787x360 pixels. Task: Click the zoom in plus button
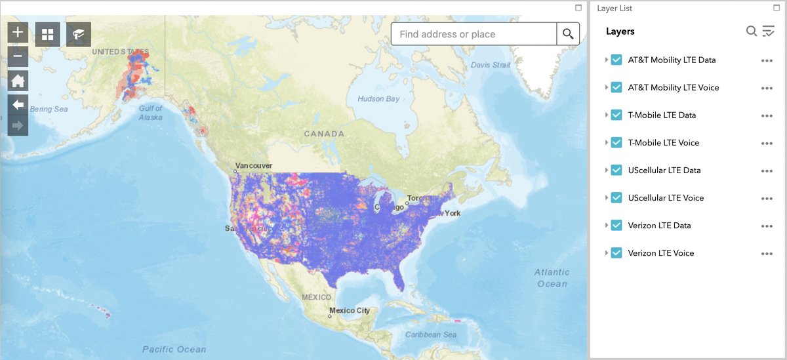18,32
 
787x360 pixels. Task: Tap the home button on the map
18,81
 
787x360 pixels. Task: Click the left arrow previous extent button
18,104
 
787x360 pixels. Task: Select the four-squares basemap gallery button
48,34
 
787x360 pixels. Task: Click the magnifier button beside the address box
568,34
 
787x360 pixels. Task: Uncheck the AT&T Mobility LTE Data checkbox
616,60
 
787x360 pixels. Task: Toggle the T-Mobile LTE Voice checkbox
616,142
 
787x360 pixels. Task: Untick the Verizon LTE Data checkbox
616,225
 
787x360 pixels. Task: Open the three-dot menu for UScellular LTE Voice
767,198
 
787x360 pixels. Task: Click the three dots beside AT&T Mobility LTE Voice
767,88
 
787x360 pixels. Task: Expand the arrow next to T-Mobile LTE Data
606,115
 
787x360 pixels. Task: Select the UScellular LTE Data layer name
664,170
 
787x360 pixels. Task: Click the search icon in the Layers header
752,31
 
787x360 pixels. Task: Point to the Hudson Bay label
378,99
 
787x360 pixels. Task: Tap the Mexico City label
350,310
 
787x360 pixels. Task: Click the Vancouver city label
254,166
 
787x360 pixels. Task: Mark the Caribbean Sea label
431,334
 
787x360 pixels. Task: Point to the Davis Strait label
491,65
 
